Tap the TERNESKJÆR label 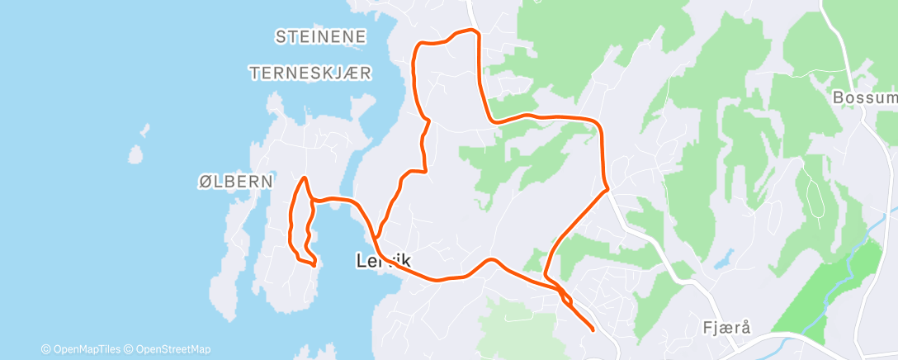311,73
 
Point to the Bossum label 863,97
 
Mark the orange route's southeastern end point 593,329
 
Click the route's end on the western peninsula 314,264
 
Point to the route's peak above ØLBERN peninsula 305,178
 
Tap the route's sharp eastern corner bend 607,188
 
